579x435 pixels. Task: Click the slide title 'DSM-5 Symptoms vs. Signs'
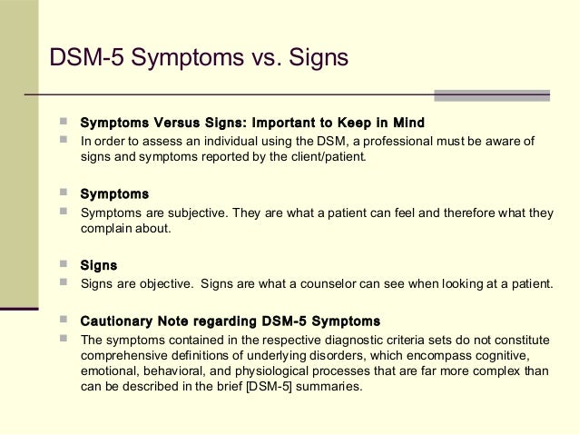tap(199, 58)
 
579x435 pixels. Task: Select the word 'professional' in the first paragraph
tap(411, 141)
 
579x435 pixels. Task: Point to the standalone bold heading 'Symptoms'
tap(114, 193)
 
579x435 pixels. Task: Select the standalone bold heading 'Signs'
tap(99, 265)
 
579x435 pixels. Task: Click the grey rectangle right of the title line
tap(491, 95)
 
